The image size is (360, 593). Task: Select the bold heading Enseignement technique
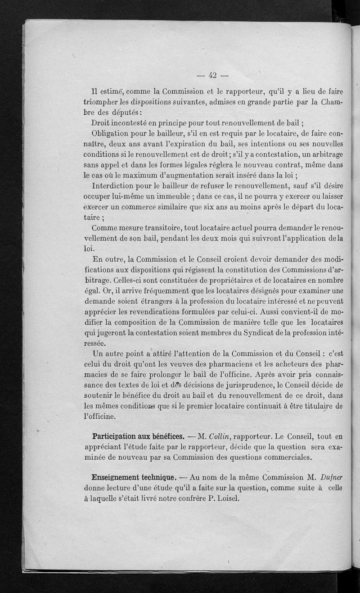(133, 477)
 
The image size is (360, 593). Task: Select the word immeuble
(172, 196)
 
